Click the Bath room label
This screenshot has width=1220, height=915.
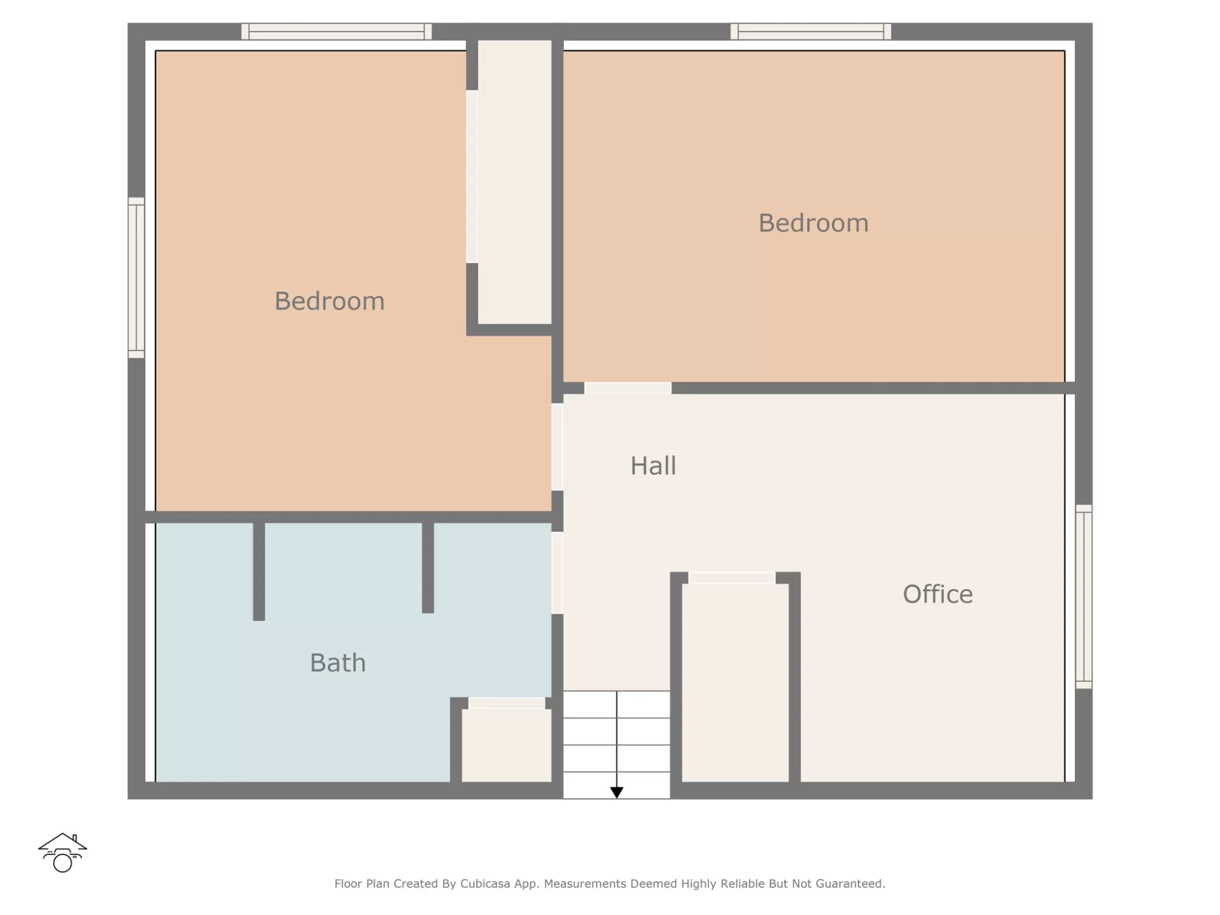pos(337,663)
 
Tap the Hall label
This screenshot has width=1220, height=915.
pos(653,466)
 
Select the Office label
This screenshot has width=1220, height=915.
pos(937,594)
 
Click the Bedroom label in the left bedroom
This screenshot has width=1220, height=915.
pos(329,301)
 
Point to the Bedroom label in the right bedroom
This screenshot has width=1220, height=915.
pos(813,223)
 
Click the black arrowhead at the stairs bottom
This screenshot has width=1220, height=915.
pos(616,792)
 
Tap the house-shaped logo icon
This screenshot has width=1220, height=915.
pos(63,852)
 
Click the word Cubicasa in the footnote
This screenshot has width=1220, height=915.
pos(484,883)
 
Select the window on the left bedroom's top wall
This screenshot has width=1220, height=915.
pos(336,32)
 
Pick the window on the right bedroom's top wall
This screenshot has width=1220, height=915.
pos(810,32)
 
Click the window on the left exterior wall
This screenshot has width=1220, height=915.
pos(136,278)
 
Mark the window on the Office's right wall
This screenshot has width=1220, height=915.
pos(1083,596)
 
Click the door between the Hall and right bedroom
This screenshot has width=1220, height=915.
pos(627,388)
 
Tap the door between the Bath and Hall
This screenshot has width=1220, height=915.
pos(557,573)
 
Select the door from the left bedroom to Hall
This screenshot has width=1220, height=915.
pos(557,447)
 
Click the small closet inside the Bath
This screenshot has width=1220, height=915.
pos(506,745)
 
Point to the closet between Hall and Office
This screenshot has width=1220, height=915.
pos(735,683)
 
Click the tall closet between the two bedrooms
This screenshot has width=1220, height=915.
pos(514,182)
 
